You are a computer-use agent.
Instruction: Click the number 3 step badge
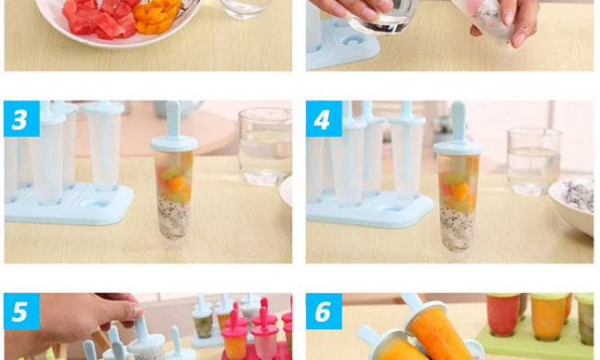click(x=21, y=119)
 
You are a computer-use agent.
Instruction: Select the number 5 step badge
click(x=21, y=311)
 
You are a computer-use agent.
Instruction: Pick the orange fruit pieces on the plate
click(x=156, y=16)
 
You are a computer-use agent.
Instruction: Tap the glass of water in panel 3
click(x=264, y=146)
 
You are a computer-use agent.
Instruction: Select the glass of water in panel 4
click(x=533, y=159)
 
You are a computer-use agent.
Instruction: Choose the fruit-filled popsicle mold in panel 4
click(x=457, y=200)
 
